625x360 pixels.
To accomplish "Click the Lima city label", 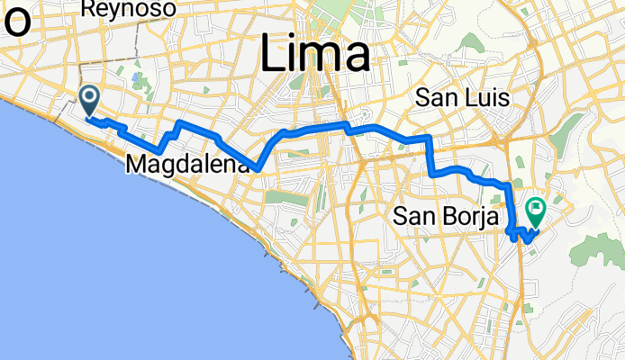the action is coord(315,57).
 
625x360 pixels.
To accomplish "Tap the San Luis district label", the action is coord(462,98).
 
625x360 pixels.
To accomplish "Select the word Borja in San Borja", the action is coord(466,217).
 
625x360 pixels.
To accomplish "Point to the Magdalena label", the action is coord(187,166).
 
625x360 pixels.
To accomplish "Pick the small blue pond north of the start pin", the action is coord(134,78).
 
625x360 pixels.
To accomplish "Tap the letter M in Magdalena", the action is coord(137,166).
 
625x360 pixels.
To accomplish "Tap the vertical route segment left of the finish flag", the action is coord(511,207).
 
